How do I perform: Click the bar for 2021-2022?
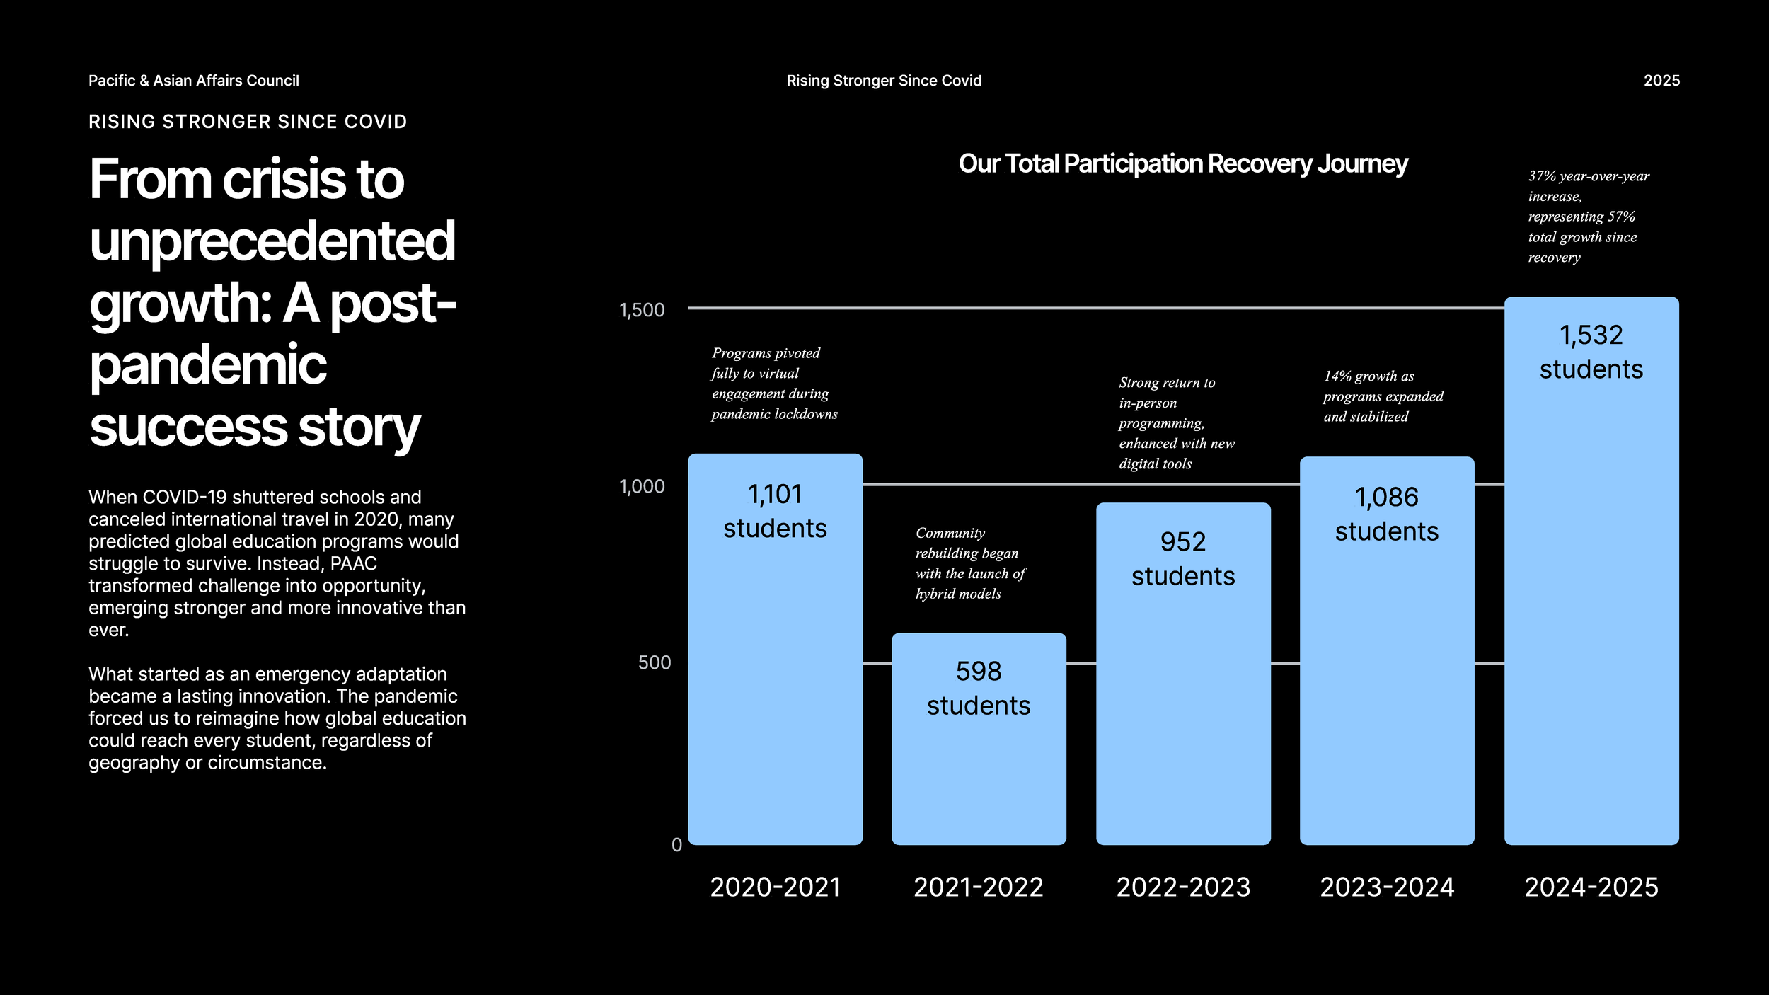[x=979, y=771]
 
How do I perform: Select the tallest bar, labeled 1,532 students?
[x=1591, y=602]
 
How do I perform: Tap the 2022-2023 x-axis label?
[x=1183, y=887]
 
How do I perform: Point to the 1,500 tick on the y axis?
[x=642, y=310]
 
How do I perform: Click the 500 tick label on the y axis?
[x=654, y=662]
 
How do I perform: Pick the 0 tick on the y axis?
[x=676, y=845]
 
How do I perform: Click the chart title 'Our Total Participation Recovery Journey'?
[x=1183, y=163]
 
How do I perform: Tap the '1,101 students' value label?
[x=775, y=511]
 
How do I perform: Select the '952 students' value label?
[x=1183, y=559]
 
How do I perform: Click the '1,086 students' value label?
[x=1387, y=514]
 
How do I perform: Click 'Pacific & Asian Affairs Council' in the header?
[x=193, y=81]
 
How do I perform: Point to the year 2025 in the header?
[x=1661, y=81]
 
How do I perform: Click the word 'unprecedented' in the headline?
[x=272, y=241]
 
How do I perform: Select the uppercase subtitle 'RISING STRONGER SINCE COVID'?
[x=248, y=122]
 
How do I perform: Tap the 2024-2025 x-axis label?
[x=1591, y=887]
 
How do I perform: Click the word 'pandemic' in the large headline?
[x=208, y=365]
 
